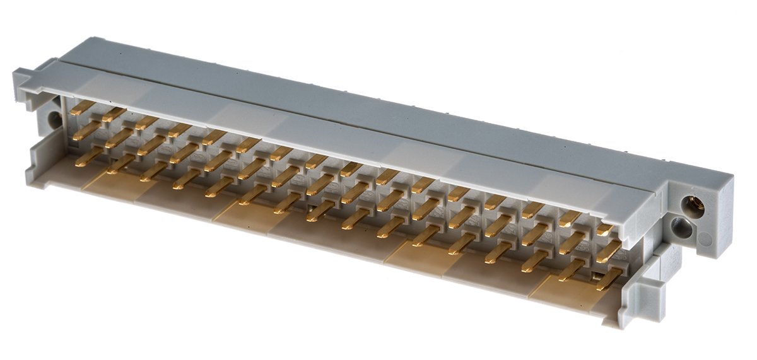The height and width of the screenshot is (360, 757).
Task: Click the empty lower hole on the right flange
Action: coord(681,228)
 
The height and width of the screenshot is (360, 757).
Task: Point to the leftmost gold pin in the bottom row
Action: coord(88,156)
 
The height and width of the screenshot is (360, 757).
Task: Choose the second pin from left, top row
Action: coord(114,115)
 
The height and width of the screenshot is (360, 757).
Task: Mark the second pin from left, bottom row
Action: coord(120,163)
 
